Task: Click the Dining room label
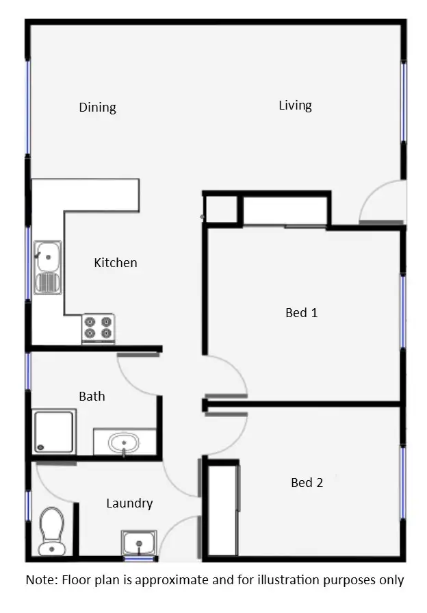coord(97,107)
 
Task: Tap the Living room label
coord(295,105)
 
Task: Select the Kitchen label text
coord(115,262)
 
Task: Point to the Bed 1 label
coord(301,312)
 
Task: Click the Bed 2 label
coord(307,482)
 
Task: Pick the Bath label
coord(92,396)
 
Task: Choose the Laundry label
coord(129,503)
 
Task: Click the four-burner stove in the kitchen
coord(99,328)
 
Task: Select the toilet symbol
coord(51,529)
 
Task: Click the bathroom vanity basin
coord(124,442)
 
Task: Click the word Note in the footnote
coord(42,579)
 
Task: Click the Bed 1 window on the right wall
coord(403,312)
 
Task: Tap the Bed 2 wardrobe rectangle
coord(222,510)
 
